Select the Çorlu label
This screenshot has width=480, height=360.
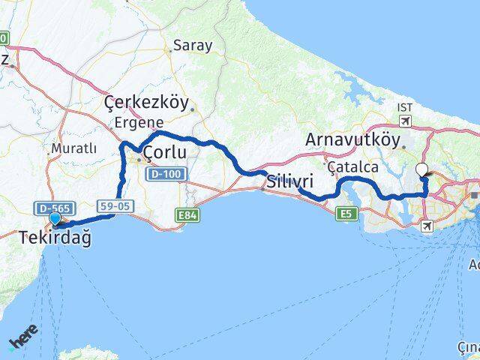pos(165,154)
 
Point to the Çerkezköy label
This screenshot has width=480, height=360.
pos(148,103)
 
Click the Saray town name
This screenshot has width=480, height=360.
pos(193,45)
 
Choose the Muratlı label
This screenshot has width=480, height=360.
pos(73,148)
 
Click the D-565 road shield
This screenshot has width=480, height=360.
pos(47,206)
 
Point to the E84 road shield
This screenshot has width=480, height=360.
pos(188,216)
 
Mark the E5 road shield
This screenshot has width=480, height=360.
pos(346,215)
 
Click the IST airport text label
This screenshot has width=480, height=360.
pos(405,108)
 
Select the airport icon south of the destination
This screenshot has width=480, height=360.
pos(427,226)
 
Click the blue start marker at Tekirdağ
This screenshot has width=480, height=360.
pos(55,219)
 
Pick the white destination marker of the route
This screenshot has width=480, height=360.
pos(421,170)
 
